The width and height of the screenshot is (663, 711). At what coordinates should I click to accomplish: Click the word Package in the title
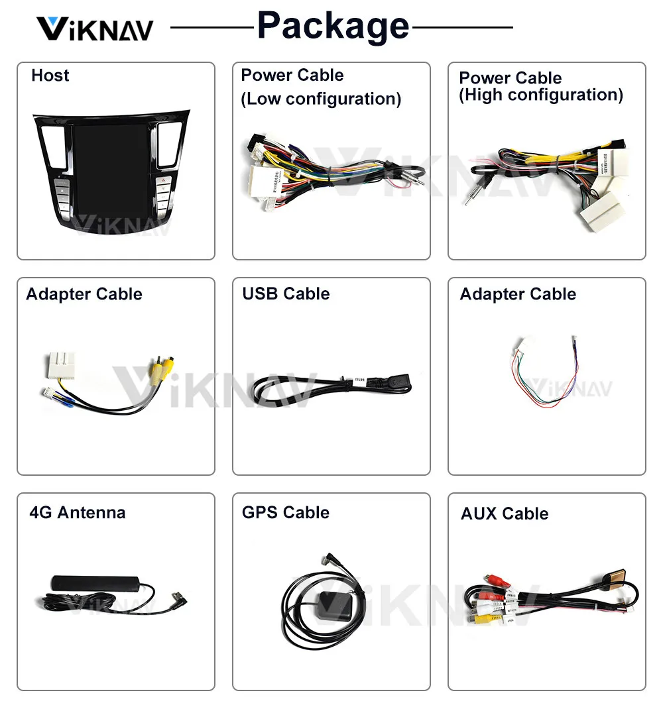pyautogui.click(x=333, y=27)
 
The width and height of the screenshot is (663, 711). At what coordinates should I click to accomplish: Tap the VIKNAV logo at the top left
pyautogui.click(x=94, y=29)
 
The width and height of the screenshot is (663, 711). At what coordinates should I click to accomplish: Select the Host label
pyautogui.click(x=50, y=76)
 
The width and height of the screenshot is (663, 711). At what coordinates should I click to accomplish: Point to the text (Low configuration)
pyautogui.click(x=321, y=99)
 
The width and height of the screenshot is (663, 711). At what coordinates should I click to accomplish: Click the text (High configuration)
pyautogui.click(x=541, y=95)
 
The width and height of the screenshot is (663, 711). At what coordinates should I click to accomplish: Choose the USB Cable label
pyautogui.click(x=286, y=294)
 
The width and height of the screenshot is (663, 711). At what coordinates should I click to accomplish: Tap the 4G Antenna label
pyautogui.click(x=77, y=512)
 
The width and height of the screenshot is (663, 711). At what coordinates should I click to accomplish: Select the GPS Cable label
pyautogui.click(x=286, y=512)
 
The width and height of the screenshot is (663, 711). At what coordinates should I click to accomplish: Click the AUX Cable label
pyautogui.click(x=505, y=514)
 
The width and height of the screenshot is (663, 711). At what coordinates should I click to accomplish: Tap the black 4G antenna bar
pyautogui.click(x=93, y=584)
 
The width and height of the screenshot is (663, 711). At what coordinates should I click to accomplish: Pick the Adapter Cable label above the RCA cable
pyautogui.click(x=84, y=294)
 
